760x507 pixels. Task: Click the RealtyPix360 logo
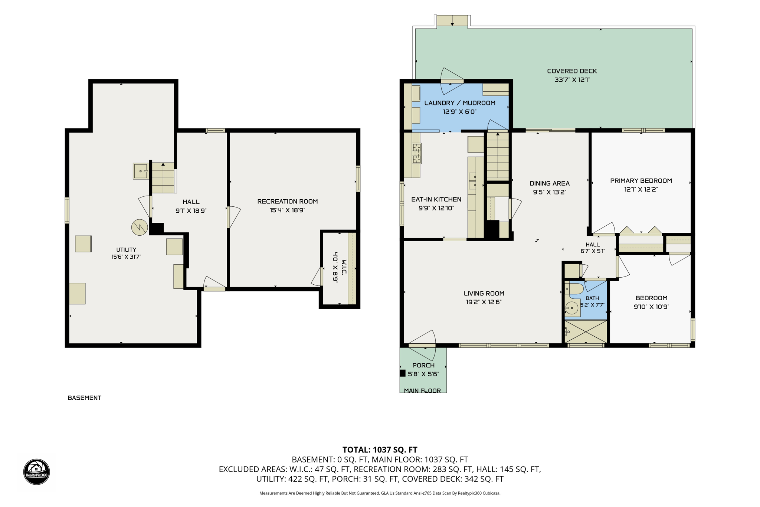pyautogui.click(x=36, y=472)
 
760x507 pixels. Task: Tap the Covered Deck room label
pyautogui.click(x=572, y=71)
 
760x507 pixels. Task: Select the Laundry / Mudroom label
pyautogui.click(x=459, y=103)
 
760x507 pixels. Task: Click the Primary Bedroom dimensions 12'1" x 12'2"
pyautogui.click(x=641, y=189)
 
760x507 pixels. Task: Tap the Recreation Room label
pyautogui.click(x=288, y=202)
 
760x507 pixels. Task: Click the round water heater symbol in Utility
pyautogui.click(x=140, y=228)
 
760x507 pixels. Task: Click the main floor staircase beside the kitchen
pyautogui.click(x=498, y=156)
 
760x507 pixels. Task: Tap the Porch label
pyautogui.click(x=423, y=365)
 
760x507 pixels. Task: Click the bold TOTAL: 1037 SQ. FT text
pyautogui.click(x=380, y=450)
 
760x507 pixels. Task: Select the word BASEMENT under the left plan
pyautogui.click(x=84, y=398)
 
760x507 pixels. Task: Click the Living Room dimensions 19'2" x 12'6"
pyautogui.click(x=484, y=302)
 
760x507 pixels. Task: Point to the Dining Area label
pyautogui.click(x=550, y=183)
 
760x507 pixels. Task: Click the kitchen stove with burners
pyautogui.click(x=417, y=153)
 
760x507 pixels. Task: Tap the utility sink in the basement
pyautogui.click(x=141, y=171)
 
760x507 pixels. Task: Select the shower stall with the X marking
pyautogui.click(x=586, y=331)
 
